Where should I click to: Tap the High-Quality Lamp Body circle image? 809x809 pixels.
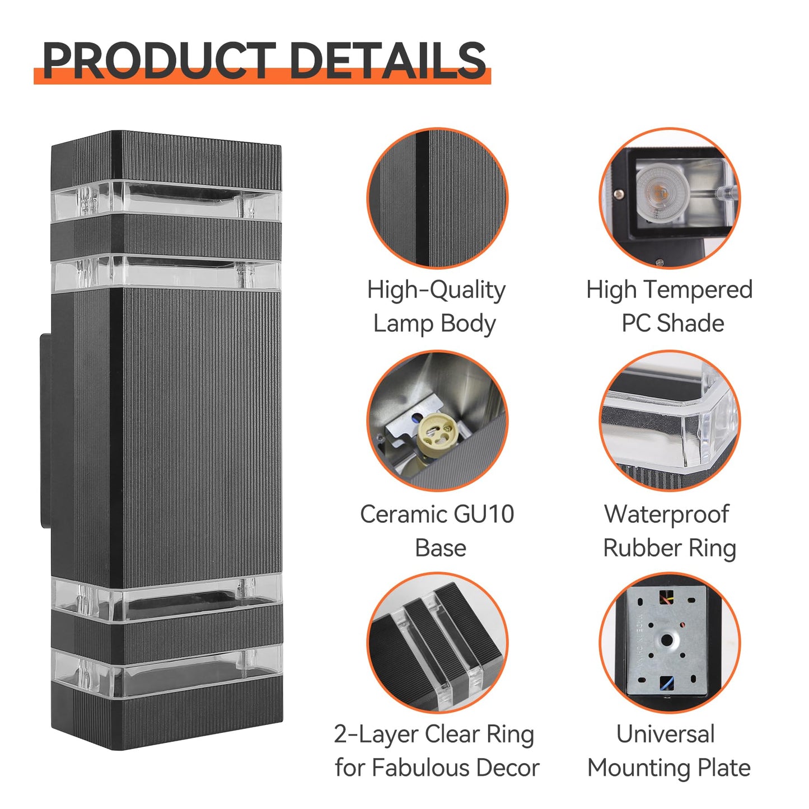tap(437, 198)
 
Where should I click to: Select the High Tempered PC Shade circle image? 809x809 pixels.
tap(670, 198)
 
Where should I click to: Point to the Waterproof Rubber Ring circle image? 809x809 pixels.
tap(670, 421)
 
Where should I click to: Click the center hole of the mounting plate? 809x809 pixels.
tap(667, 640)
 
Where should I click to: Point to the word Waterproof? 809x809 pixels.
tap(666, 514)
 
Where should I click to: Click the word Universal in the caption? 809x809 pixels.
tap(665, 734)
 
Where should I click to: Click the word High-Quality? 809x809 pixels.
tap(436, 291)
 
